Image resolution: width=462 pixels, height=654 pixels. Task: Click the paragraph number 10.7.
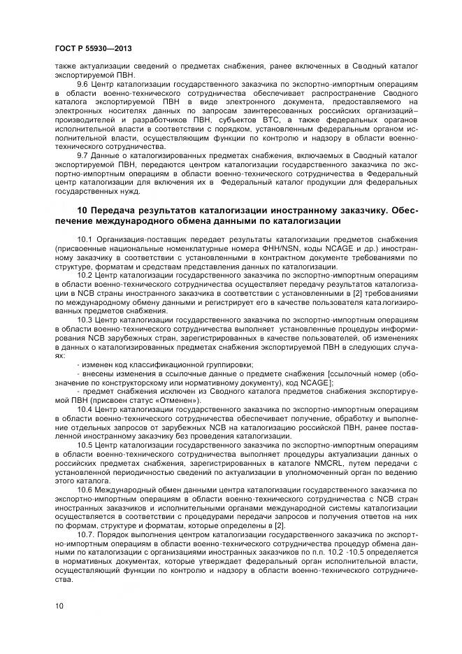pos(86,534)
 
